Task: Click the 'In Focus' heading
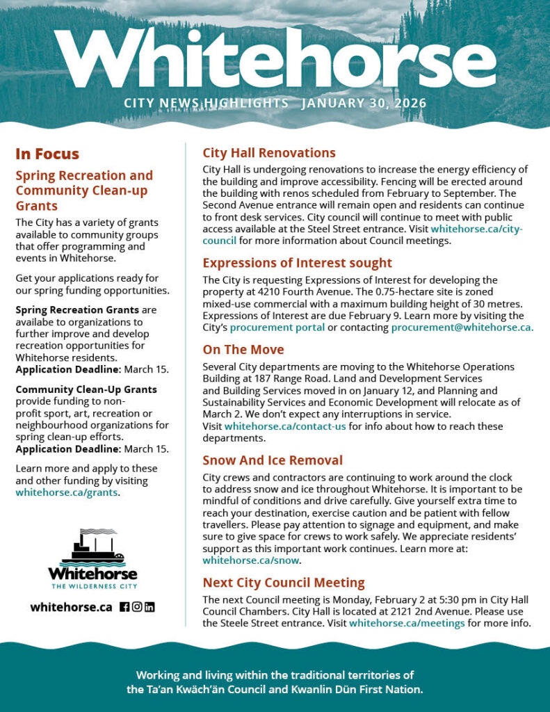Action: (x=47, y=154)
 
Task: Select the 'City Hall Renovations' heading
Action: (x=268, y=153)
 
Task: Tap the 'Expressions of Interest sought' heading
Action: (x=297, y=263)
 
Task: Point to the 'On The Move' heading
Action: (x=243, y=350)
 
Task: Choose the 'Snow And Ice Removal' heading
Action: (x=272, y=460)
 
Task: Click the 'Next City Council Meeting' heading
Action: (x=283, y=583)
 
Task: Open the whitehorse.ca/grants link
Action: (x=67, y=493)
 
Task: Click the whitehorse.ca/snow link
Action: (x=250, y=560)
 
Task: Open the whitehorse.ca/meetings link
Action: (x=407, y=623)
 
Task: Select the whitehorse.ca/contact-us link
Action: (x=285, y=426)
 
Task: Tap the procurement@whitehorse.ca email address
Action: (x=462, y=327)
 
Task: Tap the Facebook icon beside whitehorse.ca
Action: (x=124, y=607)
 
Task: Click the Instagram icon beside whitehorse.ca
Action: (x=137, y=607)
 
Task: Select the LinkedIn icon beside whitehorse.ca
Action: (x=149, y=607)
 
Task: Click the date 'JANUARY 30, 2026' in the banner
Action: (x=364, y=104)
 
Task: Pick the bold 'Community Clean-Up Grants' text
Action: (x=86, y=389)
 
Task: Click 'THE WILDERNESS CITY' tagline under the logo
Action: (x=92, y=587)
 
